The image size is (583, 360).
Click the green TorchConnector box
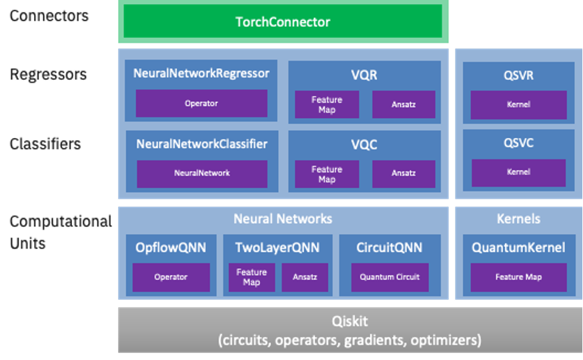pyautogui.click(x=283, y=22)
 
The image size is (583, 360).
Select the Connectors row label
pyautogui.click(x=49, y=15)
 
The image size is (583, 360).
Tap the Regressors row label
pyautogui.click(x=48, y=74)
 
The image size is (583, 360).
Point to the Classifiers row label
pyautogui.click(x=45, y=143)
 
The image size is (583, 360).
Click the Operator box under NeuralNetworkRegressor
pyautogui.click(x=201, y=103)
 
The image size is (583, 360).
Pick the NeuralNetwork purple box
pyautogui.click(x=201, y=173)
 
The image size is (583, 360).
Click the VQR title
pyautogui.click(x=364, y=75)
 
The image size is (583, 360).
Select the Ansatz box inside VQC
pyautogui.click(x=404, y=173)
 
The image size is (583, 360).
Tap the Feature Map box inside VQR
pyautogui.click(x=327, y=105)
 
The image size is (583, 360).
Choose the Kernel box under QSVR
pyautogui.click(x=518, y=105)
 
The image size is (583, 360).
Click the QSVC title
pyautogui.click(x=518, y=143)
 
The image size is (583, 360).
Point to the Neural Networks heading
pyautogui.click(x=283, y=219)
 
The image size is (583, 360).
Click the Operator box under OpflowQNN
pyautogui.click(x=171, y=277)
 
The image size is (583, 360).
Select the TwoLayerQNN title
pyautogui.click(x=277, y=248)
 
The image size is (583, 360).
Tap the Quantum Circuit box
pyautogui.click(x=390, y=277)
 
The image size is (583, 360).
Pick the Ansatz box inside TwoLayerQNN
pyautogui.click(x=304, y=277)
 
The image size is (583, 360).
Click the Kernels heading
pyautogui.click(x=518, y=219)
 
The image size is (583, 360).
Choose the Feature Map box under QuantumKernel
pyautogui.click(x=518, y=277)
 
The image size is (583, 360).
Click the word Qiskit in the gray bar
pyautogui.click(x=350, y=321)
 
